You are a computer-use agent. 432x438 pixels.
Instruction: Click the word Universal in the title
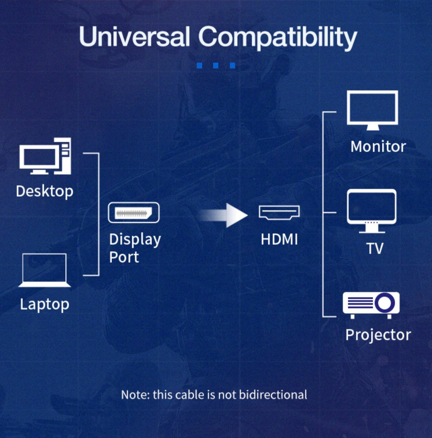click(x=135, y=36)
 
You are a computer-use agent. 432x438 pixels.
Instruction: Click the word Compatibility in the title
click(x=278, y=38)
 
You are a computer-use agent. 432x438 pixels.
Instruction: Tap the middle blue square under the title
click(x=216, y=65)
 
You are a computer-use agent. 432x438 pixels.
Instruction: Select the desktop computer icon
click(x=45, y=156)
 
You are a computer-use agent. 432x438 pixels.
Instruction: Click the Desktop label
click(x=45, y=192)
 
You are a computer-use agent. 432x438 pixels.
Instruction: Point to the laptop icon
click(x=44, y=270)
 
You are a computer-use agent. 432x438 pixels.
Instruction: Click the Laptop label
click(x=45, y=305)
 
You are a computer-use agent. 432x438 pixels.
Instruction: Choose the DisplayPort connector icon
click(x=134, y=213)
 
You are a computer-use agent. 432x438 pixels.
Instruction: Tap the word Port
click(x=124, y=257)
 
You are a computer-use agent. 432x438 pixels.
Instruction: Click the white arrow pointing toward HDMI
click(x=224, y=215)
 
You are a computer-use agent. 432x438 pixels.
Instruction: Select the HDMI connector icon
click(x=279, y=212)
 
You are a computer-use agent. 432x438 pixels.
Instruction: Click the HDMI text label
click(x=279, y=239)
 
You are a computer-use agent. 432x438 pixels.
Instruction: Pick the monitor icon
click(x=373, y=110)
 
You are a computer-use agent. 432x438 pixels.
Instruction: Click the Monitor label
click(x=378, y=147)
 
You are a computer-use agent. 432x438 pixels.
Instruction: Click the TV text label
click(x=375, y=249)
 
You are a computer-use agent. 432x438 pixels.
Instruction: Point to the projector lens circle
click(x=384, y=303)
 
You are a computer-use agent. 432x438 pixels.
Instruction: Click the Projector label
click(x=378, y=335)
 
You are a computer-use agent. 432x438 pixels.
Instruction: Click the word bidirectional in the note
click(x=273, y=395)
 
